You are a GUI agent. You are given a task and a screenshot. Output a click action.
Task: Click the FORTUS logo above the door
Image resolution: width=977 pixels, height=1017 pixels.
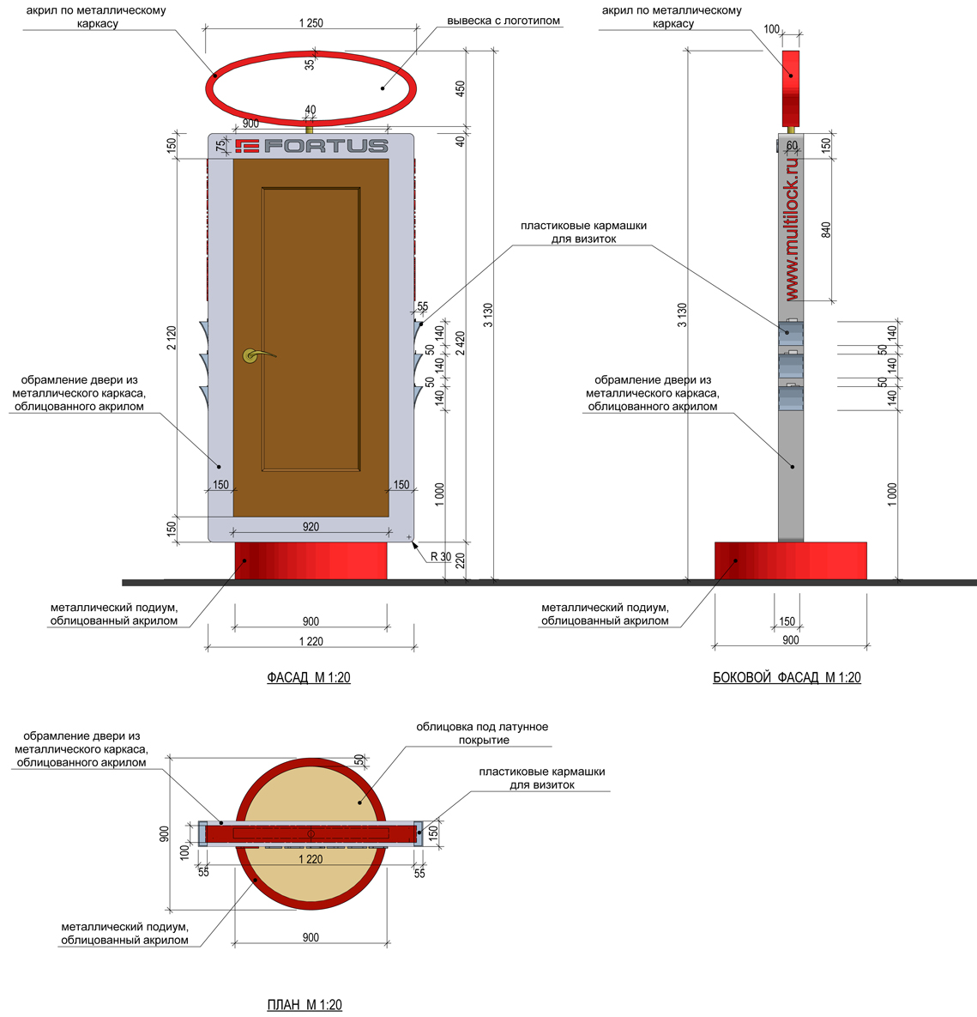[312, 146]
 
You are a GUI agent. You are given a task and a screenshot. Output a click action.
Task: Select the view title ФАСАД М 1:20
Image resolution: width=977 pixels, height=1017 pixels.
[309, 678]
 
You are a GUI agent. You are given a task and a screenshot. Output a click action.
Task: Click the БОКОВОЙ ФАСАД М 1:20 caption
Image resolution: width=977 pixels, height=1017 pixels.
[787, 678]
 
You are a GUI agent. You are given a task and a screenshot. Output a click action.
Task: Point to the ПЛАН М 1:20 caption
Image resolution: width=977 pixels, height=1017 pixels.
[305, 1005]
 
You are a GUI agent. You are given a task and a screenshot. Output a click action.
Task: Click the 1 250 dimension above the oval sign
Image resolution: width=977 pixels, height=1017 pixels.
[311, 23]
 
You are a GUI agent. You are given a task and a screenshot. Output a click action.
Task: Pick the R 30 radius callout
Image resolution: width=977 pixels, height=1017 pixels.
[441, 556]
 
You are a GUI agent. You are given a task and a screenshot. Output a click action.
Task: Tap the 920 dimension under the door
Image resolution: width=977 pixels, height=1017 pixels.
[311, 527]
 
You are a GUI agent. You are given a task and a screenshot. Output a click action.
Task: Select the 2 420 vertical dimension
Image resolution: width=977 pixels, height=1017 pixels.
[461, 343]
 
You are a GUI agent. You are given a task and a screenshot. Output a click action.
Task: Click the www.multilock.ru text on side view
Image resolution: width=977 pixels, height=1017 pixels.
[792, 229]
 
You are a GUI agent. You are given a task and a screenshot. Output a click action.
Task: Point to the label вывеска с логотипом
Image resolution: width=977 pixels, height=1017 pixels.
[504, 21]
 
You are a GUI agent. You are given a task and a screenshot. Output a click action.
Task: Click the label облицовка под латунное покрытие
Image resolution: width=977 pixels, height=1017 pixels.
[482, 734]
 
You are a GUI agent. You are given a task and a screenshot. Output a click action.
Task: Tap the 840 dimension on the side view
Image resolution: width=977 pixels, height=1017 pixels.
[826, 230]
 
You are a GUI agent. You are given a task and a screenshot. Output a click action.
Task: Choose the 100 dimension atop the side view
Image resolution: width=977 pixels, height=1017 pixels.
[771, 29]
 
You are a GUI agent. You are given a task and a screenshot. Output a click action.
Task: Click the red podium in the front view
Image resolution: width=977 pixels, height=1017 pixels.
[311, 560]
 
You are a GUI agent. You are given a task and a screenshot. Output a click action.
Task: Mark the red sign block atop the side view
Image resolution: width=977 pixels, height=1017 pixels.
[791, 89]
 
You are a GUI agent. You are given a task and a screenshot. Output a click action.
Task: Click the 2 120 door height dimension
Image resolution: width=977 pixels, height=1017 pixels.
[172, 338]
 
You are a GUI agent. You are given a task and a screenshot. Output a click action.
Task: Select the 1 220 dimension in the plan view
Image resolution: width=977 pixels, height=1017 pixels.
[311, 859]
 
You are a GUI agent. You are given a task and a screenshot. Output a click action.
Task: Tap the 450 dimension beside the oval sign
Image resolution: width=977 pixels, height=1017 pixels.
[461, 88]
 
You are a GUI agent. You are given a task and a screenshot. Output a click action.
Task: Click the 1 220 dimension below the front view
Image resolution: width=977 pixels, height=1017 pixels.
[311, 641]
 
